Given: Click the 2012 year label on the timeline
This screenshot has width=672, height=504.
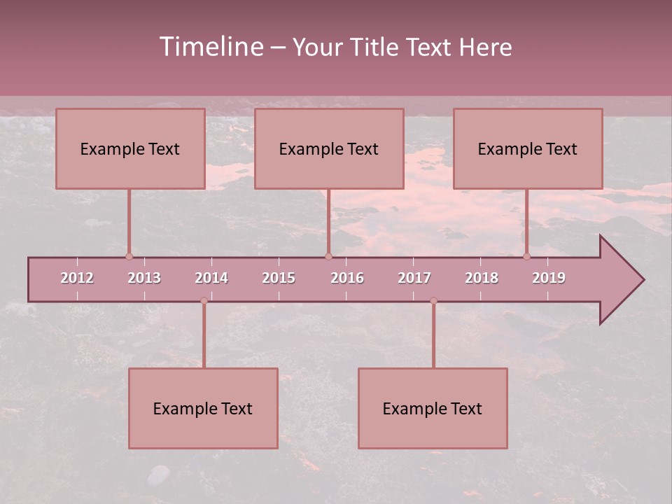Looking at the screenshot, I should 77,278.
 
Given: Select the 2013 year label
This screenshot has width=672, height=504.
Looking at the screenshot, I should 144,278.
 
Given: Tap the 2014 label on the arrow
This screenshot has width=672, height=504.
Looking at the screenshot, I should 211,278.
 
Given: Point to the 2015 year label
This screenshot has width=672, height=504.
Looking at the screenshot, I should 279,278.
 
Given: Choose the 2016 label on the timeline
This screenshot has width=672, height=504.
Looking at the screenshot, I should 347,278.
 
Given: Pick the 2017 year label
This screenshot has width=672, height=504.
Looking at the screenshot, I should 414,278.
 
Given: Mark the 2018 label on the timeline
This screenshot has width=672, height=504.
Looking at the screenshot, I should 482,278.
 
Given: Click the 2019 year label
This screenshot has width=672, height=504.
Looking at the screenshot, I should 549,278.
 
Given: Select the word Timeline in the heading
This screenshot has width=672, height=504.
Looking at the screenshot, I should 211,47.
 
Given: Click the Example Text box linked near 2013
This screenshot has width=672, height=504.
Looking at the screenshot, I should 130,148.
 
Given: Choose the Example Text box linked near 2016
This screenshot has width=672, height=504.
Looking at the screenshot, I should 329,148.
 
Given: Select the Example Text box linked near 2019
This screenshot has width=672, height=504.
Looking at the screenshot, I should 528,148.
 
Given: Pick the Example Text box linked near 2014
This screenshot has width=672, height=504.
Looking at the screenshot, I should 203,408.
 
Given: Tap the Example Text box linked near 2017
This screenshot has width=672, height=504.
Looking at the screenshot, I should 433,408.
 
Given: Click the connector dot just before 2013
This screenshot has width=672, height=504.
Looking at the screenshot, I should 129,256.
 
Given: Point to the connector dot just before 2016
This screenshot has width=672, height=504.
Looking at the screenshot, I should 328,256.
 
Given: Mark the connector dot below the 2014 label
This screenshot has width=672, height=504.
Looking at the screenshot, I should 204,301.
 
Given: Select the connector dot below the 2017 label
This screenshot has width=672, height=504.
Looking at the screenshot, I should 433,301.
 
